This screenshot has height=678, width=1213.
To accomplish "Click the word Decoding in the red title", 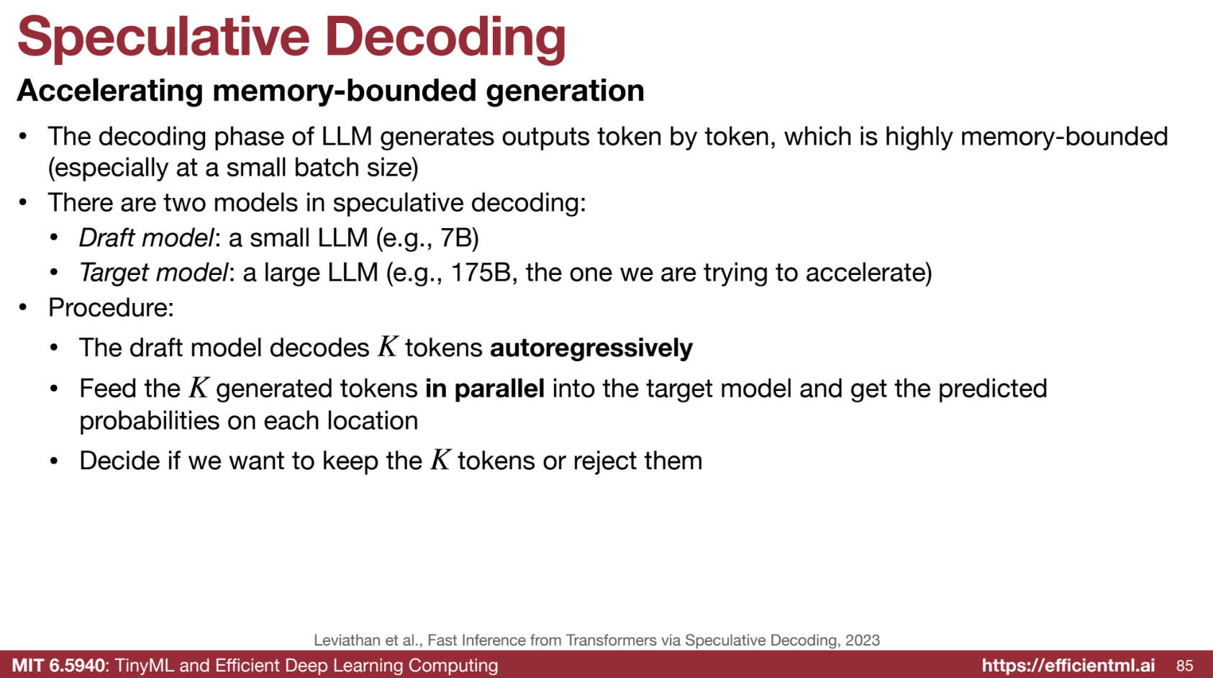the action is [445, 38].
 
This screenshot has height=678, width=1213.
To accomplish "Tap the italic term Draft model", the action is [147, 238].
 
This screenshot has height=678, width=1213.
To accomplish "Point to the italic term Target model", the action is [154, 272].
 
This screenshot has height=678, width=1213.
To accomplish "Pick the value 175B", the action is [481, 272].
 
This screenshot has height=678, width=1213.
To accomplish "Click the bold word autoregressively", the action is [591, 348].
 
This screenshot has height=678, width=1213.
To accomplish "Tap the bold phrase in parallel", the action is [485, 389].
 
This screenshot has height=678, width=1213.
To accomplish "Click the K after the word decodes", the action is [388, 347].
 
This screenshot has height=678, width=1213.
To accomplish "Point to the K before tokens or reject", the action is [441, 461].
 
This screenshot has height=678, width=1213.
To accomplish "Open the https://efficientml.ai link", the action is [1068, 665].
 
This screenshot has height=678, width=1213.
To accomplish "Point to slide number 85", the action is [1185, 666].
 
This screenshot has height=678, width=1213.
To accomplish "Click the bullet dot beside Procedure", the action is [23, 307].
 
